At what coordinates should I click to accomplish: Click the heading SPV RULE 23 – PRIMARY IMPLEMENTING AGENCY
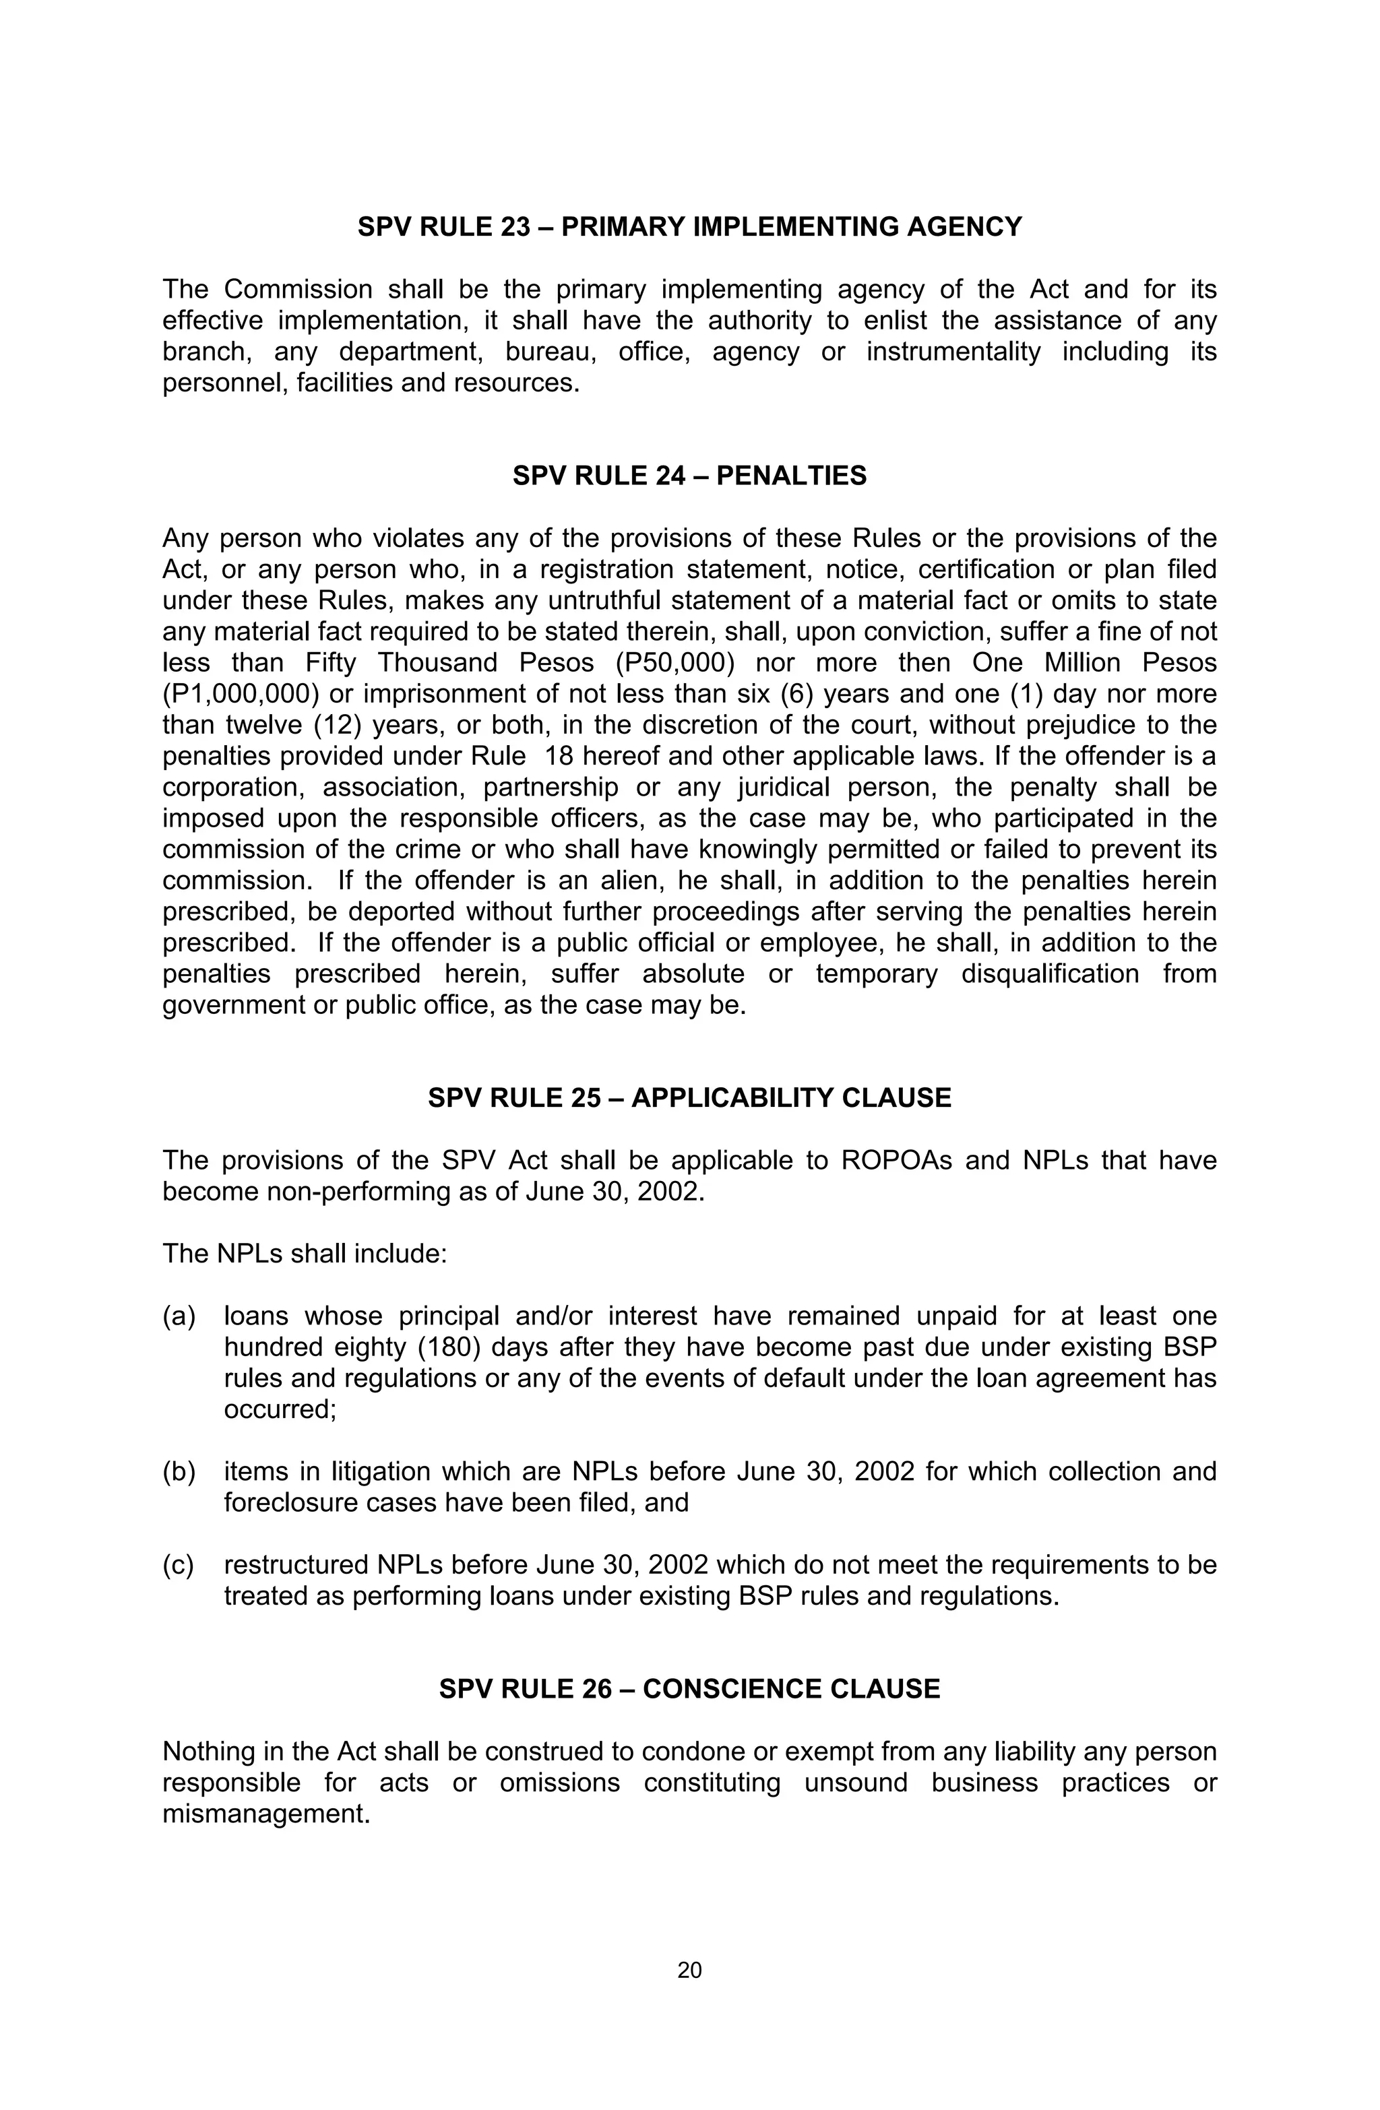689,227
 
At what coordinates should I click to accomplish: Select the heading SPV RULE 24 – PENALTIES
689,476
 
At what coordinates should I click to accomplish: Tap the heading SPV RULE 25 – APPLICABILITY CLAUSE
689,1097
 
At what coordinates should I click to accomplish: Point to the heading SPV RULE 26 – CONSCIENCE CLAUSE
689,1689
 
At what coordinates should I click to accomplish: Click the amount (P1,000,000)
239,694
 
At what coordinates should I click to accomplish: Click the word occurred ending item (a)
280,1409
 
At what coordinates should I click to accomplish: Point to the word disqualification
1049,974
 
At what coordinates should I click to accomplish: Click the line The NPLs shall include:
304,1254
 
